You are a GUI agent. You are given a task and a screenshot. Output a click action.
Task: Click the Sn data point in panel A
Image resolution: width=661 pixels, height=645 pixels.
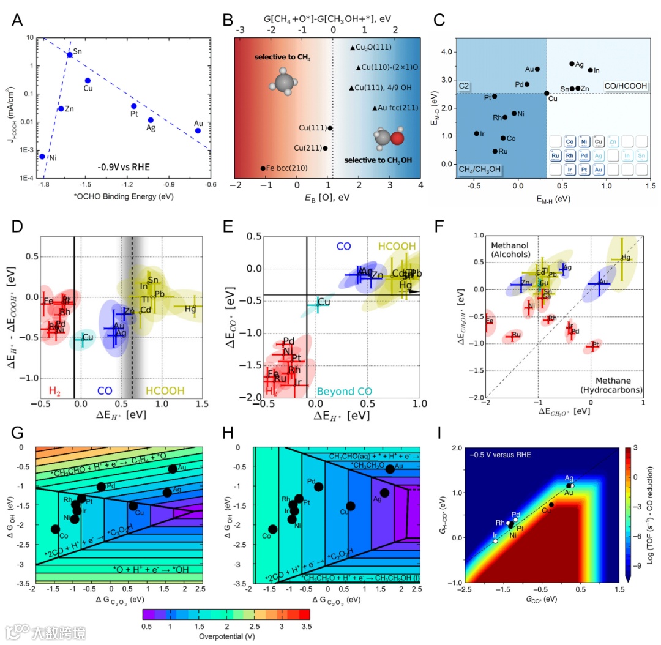(x=70, y=54)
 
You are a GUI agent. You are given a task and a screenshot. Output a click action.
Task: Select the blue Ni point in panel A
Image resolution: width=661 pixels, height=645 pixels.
(x=42, y=156)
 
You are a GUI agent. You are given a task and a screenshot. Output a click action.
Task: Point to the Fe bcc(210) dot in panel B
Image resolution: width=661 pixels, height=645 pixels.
(x=263, y=168)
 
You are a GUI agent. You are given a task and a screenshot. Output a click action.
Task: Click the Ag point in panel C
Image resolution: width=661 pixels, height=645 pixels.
(x=572, y=64)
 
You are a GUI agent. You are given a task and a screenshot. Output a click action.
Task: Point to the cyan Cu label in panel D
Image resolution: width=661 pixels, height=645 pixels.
(x=88, y=337)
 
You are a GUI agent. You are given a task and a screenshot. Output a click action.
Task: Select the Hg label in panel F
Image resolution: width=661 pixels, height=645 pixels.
(x=626, y=258)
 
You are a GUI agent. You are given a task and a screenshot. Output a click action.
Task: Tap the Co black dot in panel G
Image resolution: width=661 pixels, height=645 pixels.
(x=56, y=529)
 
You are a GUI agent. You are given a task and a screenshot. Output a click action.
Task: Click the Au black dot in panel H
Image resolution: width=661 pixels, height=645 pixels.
(x=390, y=469)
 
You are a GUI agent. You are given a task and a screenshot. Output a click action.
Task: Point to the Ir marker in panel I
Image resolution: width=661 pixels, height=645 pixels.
(x=495, y=541)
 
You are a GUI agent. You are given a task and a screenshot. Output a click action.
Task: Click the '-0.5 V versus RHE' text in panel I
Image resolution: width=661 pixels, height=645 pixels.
(x=500, y=455)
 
